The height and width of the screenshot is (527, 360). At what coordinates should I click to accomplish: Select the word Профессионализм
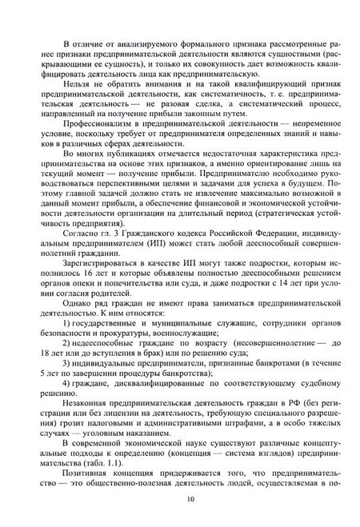point(94,126)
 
